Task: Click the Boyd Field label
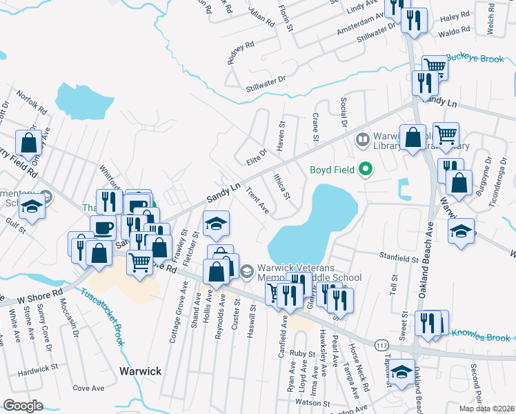[x=332, y=169]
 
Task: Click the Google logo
[x=23, y=406]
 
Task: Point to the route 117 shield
[x=380, y=344]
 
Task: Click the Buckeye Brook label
[x=475, y=59]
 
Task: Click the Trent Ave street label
[x=257, y=201]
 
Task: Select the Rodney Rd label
[x=241, y=52]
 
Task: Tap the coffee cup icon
[x=103, y=228]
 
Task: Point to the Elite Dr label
[x=256, y=156]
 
